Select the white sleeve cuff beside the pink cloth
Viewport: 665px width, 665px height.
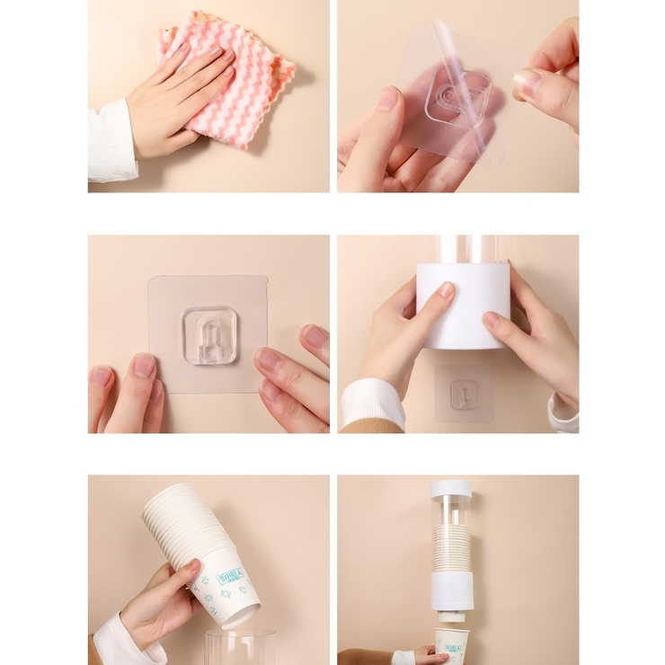[111, 142]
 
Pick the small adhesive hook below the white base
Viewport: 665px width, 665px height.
[464, 394]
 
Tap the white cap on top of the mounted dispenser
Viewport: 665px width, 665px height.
[450, 490]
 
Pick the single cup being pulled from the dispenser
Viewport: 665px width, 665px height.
[452, 643]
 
